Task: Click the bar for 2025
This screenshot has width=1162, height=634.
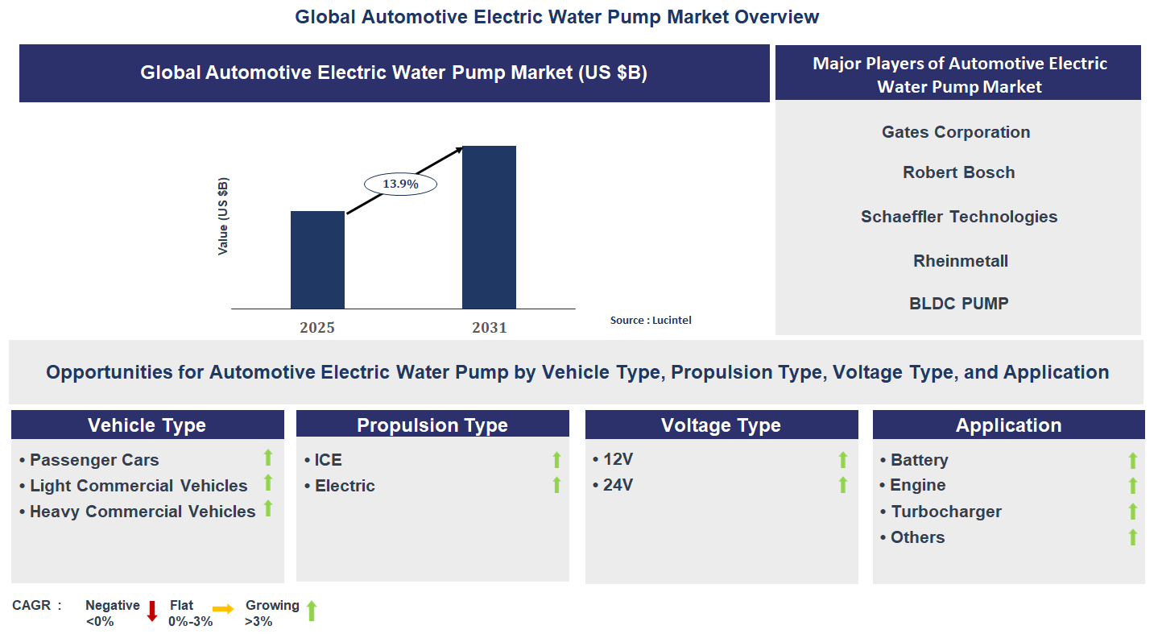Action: click(x=317, y=259)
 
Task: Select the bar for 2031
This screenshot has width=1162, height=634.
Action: click(x=489, y=227)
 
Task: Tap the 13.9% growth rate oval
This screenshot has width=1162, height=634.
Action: click(x=400, y=184)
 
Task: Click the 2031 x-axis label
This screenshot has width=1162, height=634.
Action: click(x=490, y=328)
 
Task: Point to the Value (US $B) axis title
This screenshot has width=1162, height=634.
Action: click(x=223, y=217)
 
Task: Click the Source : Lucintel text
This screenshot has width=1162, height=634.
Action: click(x=651, y=320)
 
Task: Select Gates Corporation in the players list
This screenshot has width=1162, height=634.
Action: click(x=956, y=132)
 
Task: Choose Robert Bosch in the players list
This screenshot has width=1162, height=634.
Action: click(x=958, y=172)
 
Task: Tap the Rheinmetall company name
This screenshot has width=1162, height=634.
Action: click(x=961, y=261)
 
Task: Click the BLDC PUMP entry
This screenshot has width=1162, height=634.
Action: click(x=958, y=304)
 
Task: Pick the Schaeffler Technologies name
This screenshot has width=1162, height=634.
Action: click(x=959, y=217)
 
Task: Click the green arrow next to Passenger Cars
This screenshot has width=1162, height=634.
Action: click(x=268, y=458)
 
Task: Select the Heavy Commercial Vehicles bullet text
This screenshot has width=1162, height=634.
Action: click(x=143, y=512)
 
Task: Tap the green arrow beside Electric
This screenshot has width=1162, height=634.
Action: click(x=556, y=485)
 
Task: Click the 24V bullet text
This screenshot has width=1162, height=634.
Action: click(x=618, y=485)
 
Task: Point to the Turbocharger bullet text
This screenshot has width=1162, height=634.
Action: click(x=945, y=512)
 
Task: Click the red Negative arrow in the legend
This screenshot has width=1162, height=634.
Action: click(x=152, y=611)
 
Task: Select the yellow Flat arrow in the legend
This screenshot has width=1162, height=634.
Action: click(x=223, y=610)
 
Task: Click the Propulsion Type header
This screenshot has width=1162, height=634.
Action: click(x=432, y=425)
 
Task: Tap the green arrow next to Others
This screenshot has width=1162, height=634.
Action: click(x=1132, y=537)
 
